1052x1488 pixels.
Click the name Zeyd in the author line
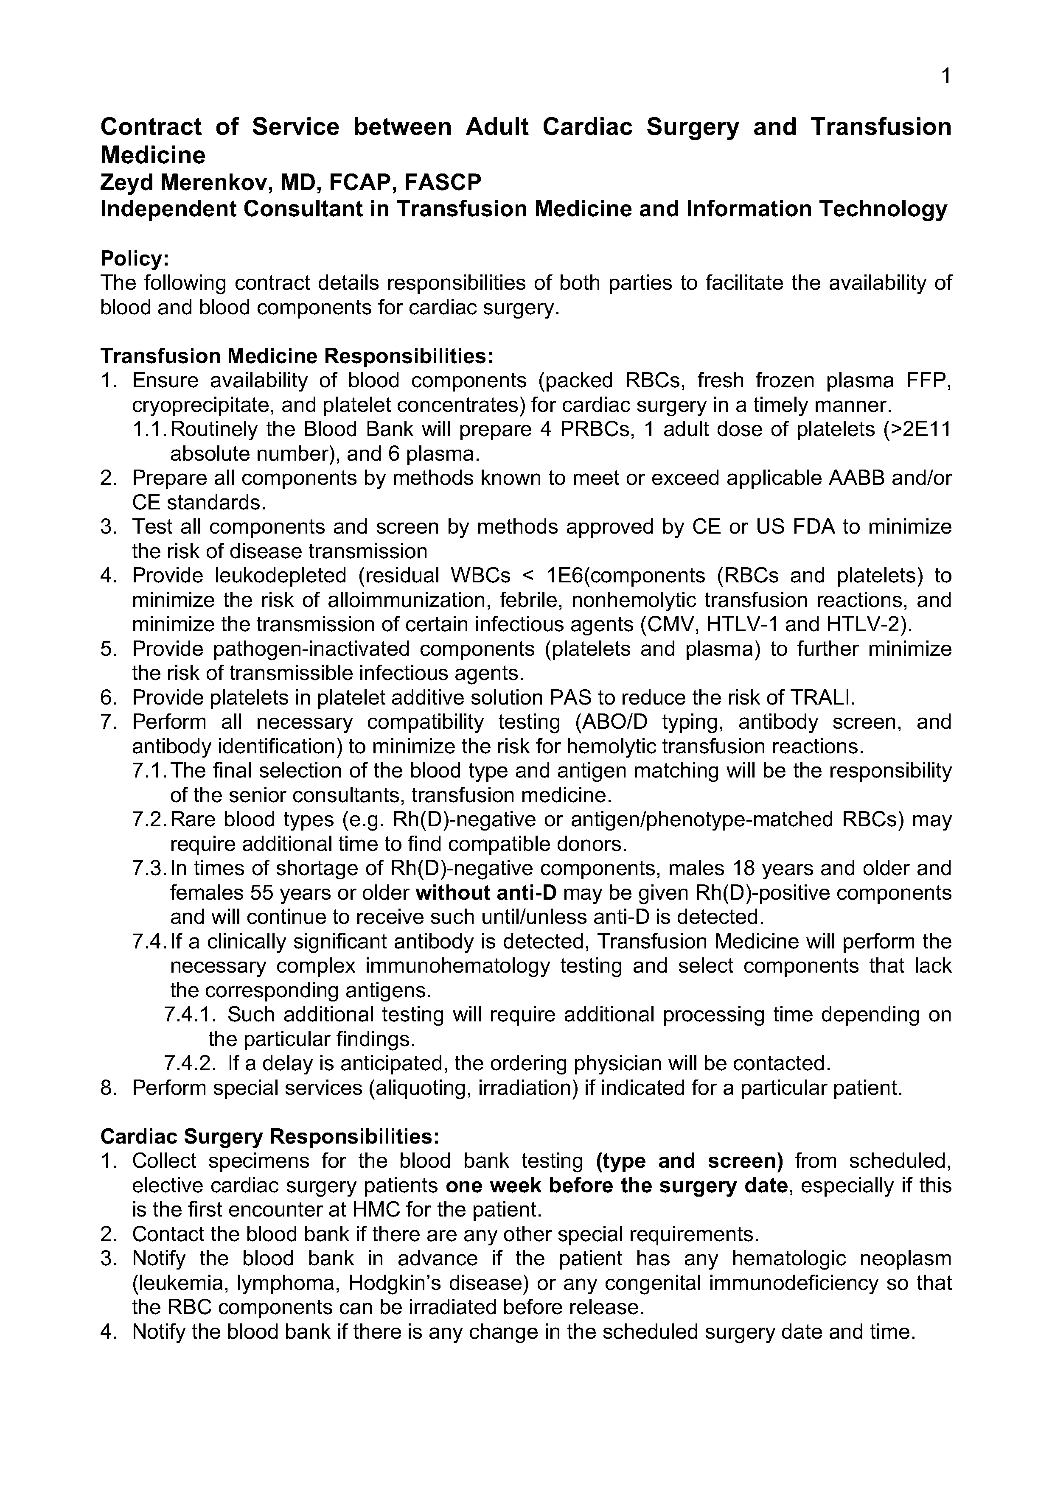[127, 183]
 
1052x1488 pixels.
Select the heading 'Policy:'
[134, 259]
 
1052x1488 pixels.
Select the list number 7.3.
[149, 868]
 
